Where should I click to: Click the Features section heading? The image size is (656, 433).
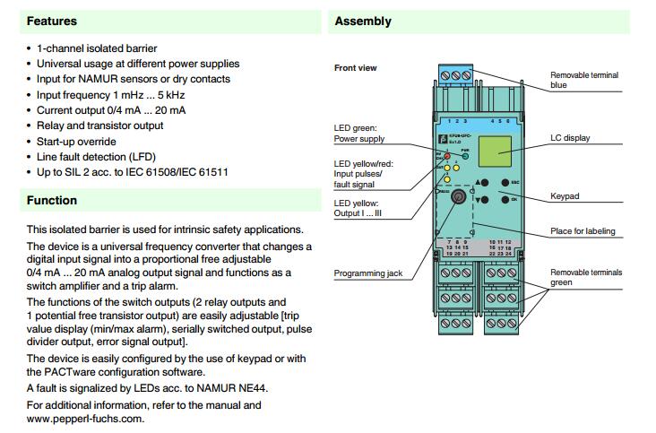click(x=52, y=21)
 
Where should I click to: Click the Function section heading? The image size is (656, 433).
click(x=51, y=201)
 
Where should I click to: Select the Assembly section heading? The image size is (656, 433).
click(x=363, y=21)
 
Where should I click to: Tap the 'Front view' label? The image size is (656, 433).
click(x=356, y=68)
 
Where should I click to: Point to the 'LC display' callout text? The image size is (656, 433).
click(x=570, y=138)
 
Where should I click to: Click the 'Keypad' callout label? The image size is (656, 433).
click(x=565, y=194)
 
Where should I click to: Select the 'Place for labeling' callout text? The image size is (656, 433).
click(x=583, y=231)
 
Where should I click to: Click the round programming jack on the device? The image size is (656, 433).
click(x=456, y=196)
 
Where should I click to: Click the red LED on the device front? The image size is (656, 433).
click(x=445, y=155)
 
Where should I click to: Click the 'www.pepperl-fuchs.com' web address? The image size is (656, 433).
click(x=85, y=418)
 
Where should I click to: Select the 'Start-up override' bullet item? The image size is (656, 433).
click(x=76, y=141)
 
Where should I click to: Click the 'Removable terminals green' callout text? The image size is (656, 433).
click(x=583, y=276)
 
